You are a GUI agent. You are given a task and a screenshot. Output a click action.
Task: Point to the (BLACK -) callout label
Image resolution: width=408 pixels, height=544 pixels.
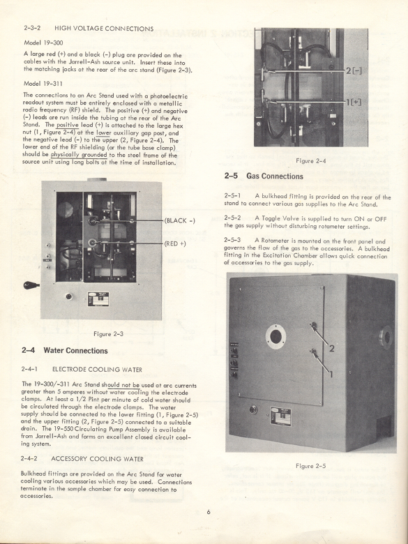[x=179, y=220]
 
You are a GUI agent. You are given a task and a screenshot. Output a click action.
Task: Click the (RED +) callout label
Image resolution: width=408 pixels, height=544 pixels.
[x=175, y=243]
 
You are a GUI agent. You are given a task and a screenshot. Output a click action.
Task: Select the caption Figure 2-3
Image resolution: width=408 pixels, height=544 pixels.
[x=108, y=333]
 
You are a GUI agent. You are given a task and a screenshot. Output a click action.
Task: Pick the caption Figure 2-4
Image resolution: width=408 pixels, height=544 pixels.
[x=312, y=160]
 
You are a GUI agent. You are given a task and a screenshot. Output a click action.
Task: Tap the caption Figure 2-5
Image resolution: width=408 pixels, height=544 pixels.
[x=311, y=465]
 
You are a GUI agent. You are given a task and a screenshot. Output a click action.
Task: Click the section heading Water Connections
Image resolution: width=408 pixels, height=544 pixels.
[x=75, y=350]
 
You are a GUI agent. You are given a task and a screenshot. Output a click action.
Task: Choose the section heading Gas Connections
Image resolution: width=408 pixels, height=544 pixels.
[x=274, y=176]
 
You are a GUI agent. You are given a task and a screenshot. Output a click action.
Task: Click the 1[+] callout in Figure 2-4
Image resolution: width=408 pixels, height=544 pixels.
[x=353, y=102]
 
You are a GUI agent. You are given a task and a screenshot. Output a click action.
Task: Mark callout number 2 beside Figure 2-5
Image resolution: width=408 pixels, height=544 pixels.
[x=332, y=347]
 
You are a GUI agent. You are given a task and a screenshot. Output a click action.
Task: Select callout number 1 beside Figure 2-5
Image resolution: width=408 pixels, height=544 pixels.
[x=331, y=373]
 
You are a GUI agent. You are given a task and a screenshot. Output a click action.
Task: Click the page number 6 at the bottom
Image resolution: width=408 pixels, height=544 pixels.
[x=207, y=512]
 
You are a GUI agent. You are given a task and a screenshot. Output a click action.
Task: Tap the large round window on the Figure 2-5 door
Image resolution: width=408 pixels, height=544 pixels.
[x=275, y=338]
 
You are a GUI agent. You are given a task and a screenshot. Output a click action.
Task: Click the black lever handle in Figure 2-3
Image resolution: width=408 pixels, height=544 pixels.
[x=31, y=285]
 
